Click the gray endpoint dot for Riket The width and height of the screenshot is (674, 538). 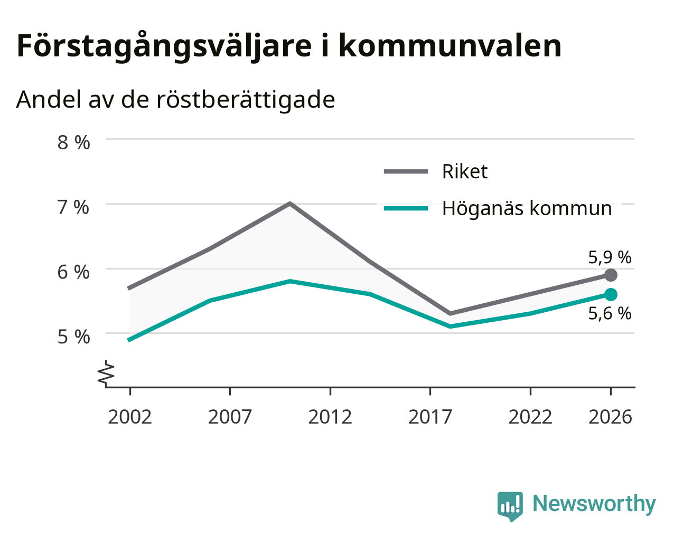(611, 275)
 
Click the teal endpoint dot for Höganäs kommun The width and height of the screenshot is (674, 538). (611, 295)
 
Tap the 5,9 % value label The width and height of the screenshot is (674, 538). (610, 258)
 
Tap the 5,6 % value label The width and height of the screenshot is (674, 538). (610, 313)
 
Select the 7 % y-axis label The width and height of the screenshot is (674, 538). (73, 207)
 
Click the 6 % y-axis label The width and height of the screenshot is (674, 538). (73, 272)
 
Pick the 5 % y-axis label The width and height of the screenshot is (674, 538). (73, 337)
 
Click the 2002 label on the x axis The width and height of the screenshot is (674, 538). (129, 417)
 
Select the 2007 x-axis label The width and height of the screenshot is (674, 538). (230, 417)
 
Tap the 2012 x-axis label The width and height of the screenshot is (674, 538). (330, 417)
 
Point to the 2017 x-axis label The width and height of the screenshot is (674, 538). (430, 417)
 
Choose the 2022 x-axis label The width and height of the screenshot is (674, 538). (530, 417)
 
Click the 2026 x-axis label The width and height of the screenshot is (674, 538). (611, 417)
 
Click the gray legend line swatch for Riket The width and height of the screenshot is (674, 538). (406, 171)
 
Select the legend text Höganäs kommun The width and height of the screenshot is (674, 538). (527, 209)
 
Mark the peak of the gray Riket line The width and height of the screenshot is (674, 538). (290, 204)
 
